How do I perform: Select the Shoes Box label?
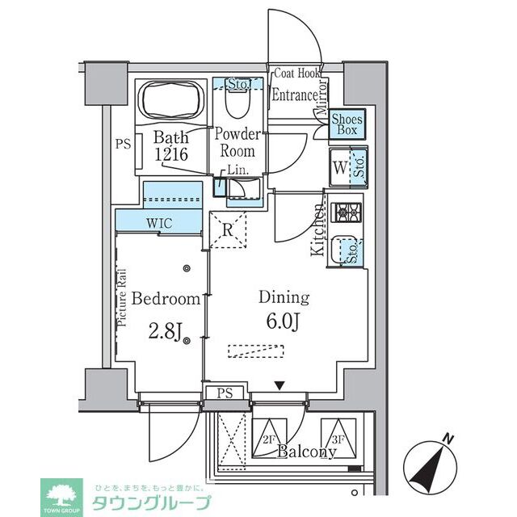347,124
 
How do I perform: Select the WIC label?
158,221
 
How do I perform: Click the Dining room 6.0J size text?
284,322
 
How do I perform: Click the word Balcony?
306,452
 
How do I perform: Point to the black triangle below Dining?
279,385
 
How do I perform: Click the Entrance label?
294,95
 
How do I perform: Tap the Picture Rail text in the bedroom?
123,296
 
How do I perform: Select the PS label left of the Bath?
122,145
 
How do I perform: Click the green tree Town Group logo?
61,494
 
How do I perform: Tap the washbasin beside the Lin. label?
241,188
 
